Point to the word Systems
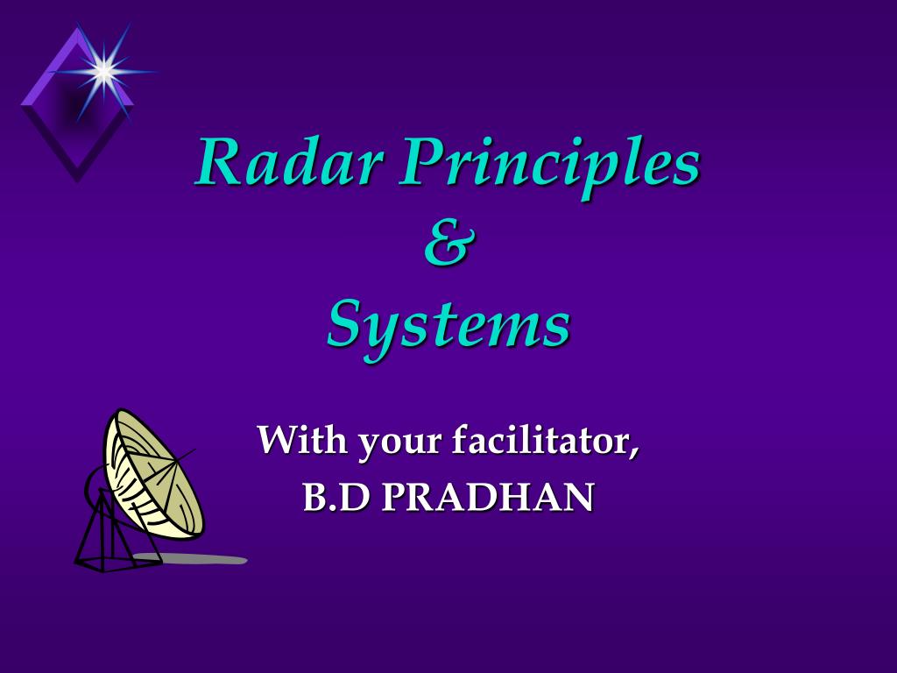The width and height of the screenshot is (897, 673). [x=448, y=324]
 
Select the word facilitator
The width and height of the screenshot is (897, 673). [x=542, y=439]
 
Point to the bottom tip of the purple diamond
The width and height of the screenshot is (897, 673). [x=77, y=180]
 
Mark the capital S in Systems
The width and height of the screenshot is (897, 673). [x=345, y=324]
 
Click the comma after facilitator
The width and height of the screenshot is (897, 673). [x=634, y=450]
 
